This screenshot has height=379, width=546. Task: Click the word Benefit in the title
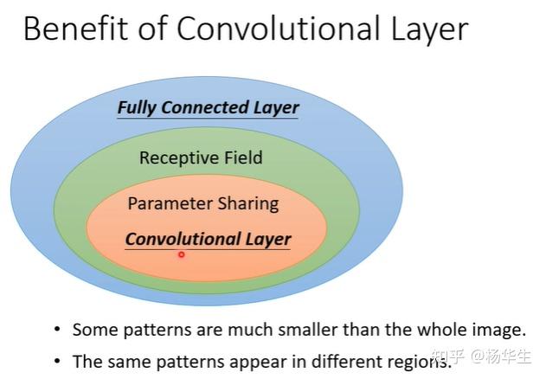[x=76, y=28]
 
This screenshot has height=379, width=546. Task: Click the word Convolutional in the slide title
[x=278, y=28]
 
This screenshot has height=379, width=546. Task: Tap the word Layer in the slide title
[x=430, y=30]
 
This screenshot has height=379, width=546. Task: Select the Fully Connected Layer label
[x=208, y=108]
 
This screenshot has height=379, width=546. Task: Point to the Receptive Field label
[x=201, y=157]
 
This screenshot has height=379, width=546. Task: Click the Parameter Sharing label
[x=203, y=204]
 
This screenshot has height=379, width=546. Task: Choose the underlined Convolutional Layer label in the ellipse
[x=208, y=240]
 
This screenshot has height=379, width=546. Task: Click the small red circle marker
[x=181, y=254]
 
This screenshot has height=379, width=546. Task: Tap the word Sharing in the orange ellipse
[x=248, y=204]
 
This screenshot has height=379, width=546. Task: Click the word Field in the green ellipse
[x=243, y=157]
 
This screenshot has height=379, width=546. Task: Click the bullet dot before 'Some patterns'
[x=57, y=329]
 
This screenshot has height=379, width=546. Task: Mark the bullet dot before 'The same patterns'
[x=57, y=361]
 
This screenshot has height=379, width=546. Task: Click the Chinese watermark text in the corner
[x=481, y=356]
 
